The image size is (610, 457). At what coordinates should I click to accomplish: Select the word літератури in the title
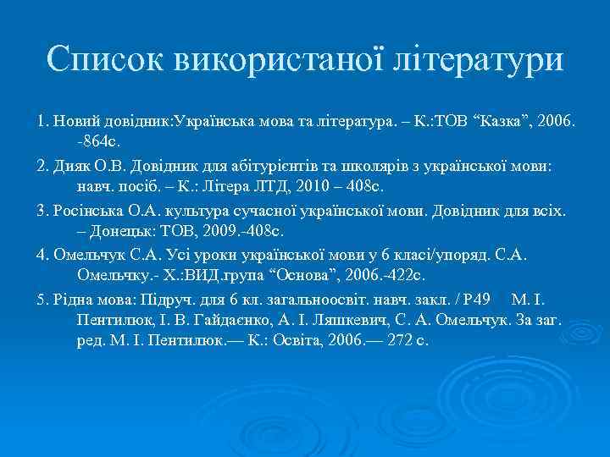click(477, 59)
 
